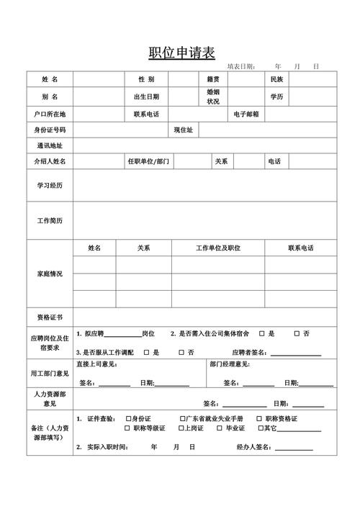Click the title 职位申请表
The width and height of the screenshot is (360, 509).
pos(181,53)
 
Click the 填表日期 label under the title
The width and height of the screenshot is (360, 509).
pos(241,66)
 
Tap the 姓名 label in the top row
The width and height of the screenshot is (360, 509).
pos(50,78)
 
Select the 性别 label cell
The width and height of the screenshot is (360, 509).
pos(146,78)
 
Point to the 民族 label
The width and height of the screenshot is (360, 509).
pos(277,78)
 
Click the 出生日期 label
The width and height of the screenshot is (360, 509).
pos(146,96)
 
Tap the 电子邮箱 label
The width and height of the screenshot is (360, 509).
pos(246,114)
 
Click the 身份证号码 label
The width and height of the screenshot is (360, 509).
pos(50,130)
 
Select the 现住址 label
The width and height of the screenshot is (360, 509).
pos(182,130)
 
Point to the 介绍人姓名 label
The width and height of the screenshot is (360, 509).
pos(50,161)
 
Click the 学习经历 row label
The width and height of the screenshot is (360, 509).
pos(50,186)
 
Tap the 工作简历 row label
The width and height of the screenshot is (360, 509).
pos(50,220)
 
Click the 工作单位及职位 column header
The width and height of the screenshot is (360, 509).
pos(218,248)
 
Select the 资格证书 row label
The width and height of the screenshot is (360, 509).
pos(50,317)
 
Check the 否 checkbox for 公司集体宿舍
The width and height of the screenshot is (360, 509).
pos(297,334)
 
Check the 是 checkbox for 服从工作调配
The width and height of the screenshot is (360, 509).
pos(146,352)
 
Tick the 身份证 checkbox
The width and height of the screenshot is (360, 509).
pos(127,418)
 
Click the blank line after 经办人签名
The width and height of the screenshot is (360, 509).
pos(292,448)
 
